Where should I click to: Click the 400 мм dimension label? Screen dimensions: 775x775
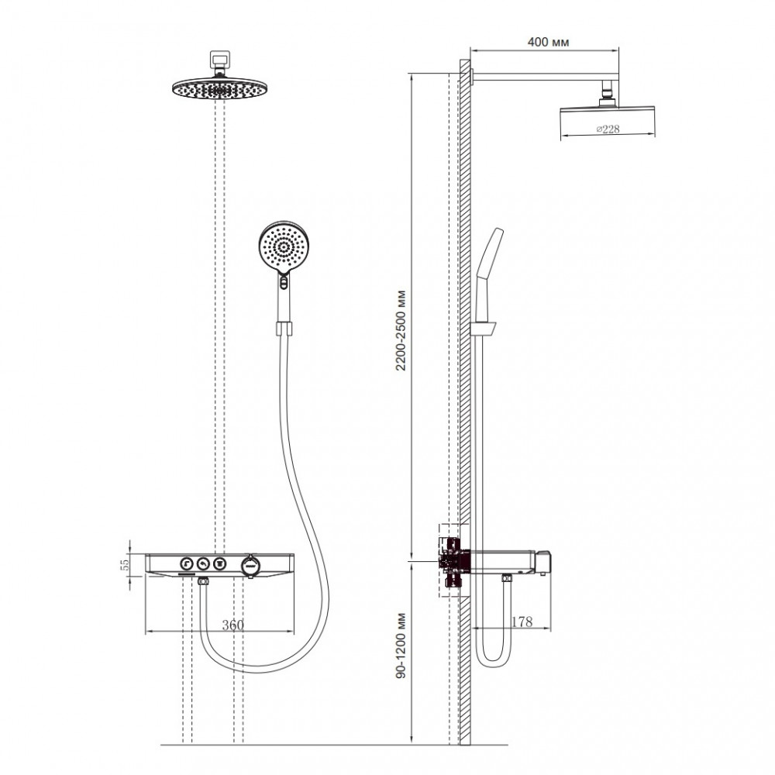[x=548, y=42]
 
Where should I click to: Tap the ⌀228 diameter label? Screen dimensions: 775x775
[x=608, y=129]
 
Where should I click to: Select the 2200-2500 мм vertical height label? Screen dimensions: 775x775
[x=401, y=330]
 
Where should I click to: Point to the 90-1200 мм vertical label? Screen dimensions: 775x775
[x=401, y=646]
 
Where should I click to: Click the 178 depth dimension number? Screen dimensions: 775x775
[x=522, y=622]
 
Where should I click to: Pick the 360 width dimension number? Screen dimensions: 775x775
[x=232, y=625]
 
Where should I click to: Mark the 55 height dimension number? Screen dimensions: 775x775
[x=126, y=563]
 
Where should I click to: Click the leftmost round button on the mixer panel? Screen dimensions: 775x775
[x=186, y=563]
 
